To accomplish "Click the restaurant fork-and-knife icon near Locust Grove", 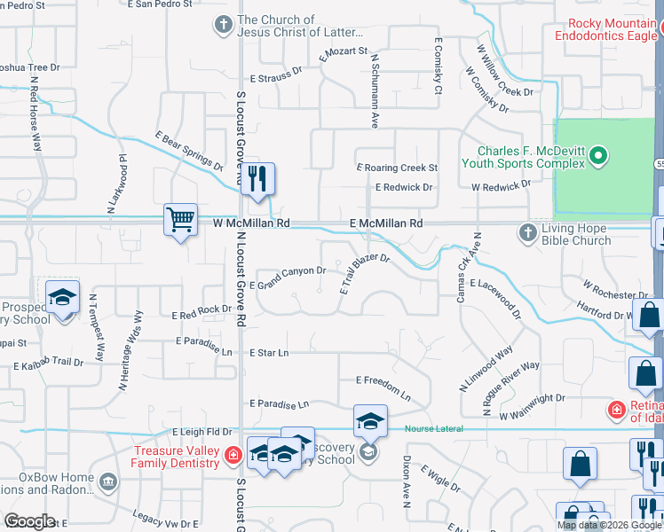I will point(257,177).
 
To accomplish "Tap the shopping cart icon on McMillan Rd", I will point(180,218).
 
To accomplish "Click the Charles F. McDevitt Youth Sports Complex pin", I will point(598,158).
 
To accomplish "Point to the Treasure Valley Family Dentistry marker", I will point(233,457).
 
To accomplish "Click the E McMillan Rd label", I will point(385,224).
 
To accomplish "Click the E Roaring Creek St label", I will point(398,167).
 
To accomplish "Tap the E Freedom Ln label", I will point(383,386).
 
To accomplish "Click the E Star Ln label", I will point(269,353).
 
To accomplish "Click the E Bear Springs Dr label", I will point(188,150).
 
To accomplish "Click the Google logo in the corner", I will point(29,521).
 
